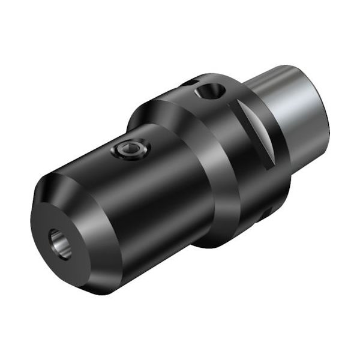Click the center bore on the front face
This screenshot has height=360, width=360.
58,242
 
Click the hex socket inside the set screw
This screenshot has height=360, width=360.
129,151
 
